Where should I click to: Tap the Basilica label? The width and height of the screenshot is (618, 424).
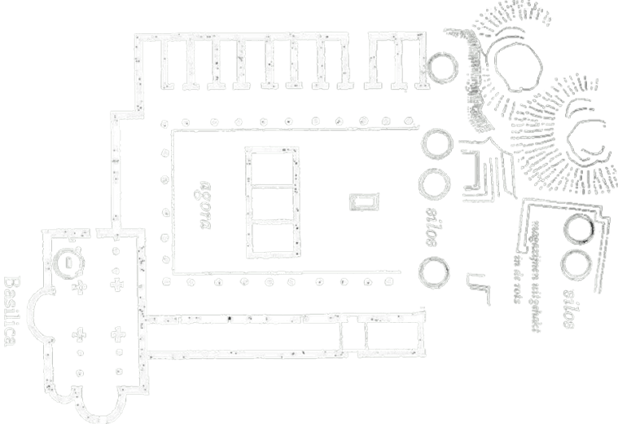(11, 311)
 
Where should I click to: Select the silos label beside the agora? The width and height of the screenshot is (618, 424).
(431, 224)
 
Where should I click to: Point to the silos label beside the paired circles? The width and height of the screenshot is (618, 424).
(571, 304)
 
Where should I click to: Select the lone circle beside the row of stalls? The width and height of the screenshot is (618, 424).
(441, 67)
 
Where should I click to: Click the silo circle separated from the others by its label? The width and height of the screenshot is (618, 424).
(433, 270)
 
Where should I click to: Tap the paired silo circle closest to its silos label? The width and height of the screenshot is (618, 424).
(577, 264)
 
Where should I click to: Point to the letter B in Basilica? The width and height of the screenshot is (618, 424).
(12, 285)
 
